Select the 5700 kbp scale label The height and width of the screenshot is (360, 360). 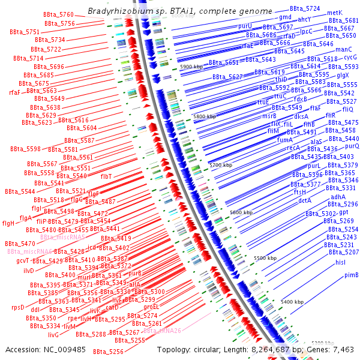click(x=221, y=164)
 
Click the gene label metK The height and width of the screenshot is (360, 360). click(x=335, y=13)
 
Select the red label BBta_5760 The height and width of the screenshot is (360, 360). click(x=59, y=14)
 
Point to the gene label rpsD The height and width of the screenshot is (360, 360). click(x=17, y=307)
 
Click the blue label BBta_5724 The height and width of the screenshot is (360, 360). click(x=305, y=9)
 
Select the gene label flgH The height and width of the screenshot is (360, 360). click(x=8, y=223)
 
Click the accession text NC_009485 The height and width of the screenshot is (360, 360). click(x=65, y=350)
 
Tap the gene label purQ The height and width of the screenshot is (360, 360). click(x=352, y=146)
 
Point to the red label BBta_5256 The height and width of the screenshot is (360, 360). click(x=109, y=352)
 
